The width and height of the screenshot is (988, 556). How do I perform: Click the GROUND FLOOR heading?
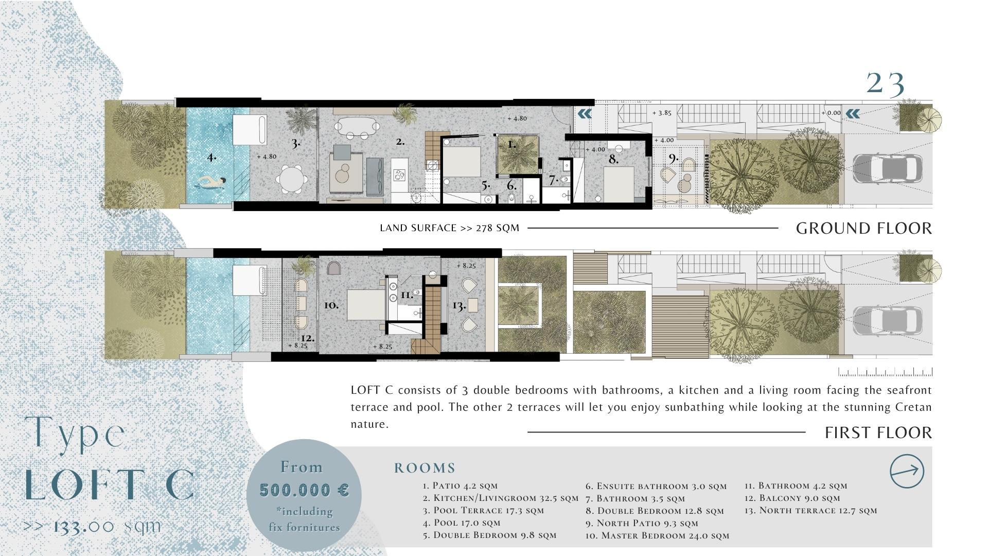pos(864,228)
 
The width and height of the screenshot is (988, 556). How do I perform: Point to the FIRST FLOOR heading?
pos(878,432)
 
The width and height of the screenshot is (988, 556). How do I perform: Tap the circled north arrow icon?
pos(907,471)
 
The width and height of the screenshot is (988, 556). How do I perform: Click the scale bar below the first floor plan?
pos(885,372)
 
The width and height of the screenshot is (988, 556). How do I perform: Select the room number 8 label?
pos(613,160)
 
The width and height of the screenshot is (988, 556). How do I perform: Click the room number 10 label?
pos(331,305)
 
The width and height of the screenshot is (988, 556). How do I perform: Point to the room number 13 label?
pos(459,306)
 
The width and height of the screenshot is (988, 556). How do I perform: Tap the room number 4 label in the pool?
pos(211,157)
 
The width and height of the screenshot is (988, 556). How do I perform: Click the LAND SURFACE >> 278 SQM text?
pos(450,228)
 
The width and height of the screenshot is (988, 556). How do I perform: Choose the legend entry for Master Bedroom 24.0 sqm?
pos(658,535)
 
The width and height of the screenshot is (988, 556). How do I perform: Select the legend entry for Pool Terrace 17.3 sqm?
pos(483,511)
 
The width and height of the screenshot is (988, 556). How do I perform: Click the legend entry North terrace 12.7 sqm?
pos(810,511)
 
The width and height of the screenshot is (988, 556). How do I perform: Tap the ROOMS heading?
pos(425,468)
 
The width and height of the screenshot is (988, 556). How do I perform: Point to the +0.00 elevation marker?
pos(831,113)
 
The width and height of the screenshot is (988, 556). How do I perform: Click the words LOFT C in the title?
pos(110,485)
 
